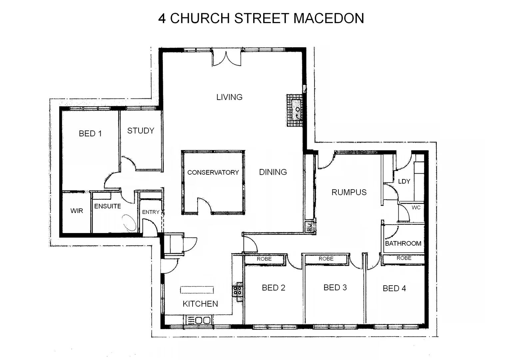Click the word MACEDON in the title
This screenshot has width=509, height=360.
point(328,18)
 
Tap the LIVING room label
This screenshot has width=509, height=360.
point(229,97)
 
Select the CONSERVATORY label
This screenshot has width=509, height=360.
point(213,172)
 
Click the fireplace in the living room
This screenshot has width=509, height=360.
point(294,110)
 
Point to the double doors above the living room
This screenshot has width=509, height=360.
point(227,58)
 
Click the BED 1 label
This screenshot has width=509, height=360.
point(90,133)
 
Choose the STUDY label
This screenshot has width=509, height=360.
point(141,131)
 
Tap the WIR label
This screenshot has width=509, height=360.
point(77,211)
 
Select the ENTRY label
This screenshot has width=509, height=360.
point(151,212)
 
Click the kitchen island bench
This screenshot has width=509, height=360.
point(197,290)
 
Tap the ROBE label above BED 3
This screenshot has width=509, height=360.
point(326,259)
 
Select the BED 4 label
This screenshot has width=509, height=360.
point(394,288)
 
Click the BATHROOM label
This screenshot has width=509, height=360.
point(403,243)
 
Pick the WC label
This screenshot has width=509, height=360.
point(416,208)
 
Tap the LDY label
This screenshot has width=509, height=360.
point(404,181)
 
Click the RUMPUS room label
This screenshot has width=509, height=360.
point(349,192)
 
